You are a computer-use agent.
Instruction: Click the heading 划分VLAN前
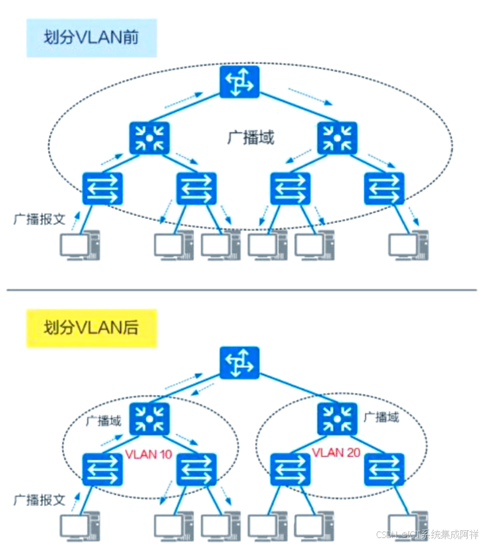click(x=91, y=38)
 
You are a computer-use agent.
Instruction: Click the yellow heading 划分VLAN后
click(x=91, y=328)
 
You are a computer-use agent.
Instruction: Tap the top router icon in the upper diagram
click(x=238, y=82)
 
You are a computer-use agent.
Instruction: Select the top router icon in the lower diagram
click(x=238, y=363)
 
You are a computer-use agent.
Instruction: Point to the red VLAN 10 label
click(x=148, y=454)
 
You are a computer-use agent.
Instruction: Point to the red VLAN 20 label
click(x=336, y=452)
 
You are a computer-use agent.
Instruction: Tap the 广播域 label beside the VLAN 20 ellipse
click(x=381, y=417)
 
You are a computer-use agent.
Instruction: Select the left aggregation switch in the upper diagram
click(x=150, y=137)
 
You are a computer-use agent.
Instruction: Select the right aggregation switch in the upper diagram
click(x=337, y=137)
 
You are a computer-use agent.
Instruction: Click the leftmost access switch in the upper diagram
click(x=102, y=189)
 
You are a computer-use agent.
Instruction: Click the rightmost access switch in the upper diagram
click(x=384, y=189)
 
